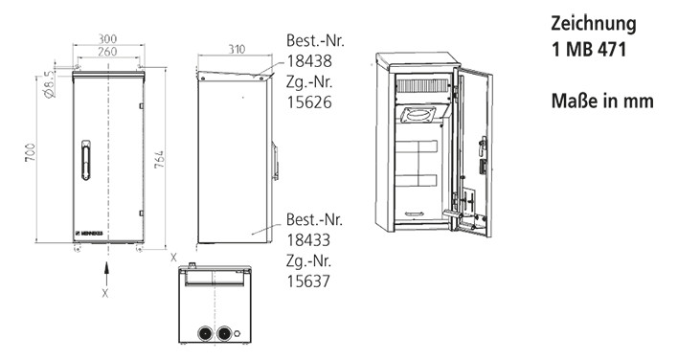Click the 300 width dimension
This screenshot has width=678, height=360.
(x=107, y=39)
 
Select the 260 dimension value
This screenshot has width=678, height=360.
(x=107, y=52)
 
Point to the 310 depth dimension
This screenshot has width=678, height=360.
(x=237, y=49)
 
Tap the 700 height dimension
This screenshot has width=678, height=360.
(x=30, y=152)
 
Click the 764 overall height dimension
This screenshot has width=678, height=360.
(x=160, y=160)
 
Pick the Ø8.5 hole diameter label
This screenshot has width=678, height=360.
(x=50, y=84)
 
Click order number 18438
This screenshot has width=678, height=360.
(x=309, y=61)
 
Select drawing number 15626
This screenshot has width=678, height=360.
(x=309, y=102)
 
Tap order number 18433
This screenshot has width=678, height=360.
(x=308, y=240)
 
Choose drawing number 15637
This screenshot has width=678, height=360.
(x=308, y=281)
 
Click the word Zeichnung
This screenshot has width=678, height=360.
(x=594, y=24)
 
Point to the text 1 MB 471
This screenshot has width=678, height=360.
(x=589, y=50)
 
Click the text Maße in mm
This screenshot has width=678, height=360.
(x=602, y=101)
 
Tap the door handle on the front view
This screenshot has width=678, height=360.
(x=85, y=160)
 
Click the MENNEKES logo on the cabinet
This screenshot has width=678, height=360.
(x=89, y=234)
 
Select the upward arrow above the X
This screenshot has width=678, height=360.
(x=106, y=273)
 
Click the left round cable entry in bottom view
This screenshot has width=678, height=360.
(x=205, y=333)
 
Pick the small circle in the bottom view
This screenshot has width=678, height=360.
(x=237, y=333)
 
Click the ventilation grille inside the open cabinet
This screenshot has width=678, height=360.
(x=423, y=85)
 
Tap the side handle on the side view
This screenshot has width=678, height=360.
(x=275, y=161)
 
